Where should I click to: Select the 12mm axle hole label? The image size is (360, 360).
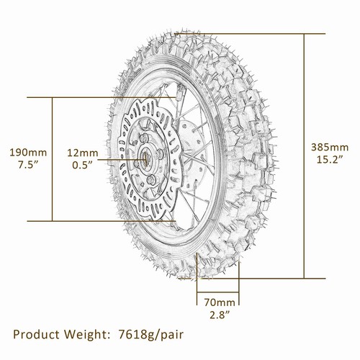coord(84,152)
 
